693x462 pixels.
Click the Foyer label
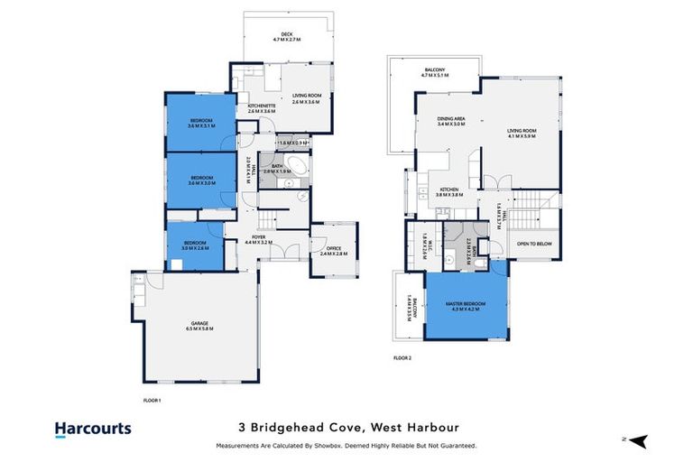coord(260,240)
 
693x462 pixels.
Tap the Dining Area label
coord(450,120)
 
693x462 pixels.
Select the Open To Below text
coord(535,244)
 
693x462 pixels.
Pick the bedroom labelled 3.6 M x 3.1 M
coord(201,124)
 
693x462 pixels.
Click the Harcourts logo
coord(93,430)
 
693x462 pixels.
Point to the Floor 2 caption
coord(402,358)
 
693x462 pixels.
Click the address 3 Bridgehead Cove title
coord(346,428)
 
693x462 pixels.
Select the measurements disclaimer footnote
coord(346,446)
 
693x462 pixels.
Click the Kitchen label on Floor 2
coord(449,192)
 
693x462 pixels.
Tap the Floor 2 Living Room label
coord(522,134)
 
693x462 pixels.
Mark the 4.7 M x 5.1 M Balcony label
coord(435,72)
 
